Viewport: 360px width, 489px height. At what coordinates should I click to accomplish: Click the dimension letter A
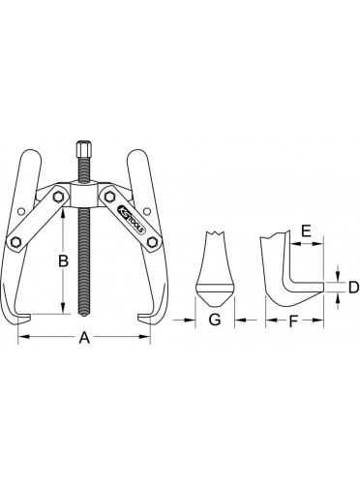pyautogui.click(x=84, y=338)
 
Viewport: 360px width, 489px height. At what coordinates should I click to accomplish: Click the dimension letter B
pyautogui.click(x=63, y=260)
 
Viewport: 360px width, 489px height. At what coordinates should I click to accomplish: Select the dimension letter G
pyautogui.click(x=215, y=320)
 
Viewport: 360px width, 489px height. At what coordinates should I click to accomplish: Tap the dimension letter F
pyautogui.click(x=292, y=321)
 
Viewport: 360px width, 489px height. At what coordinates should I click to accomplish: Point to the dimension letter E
pyautogui.click(x=306, y=231)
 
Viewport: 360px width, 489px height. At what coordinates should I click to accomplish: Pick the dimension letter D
pyautogui.click(x=353, y=287)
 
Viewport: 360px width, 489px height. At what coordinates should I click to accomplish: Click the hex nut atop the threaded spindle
pyautogui.click(x=83, y=148)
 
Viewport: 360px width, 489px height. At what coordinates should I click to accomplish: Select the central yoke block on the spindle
pyautogui.click(x=83, y=195)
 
